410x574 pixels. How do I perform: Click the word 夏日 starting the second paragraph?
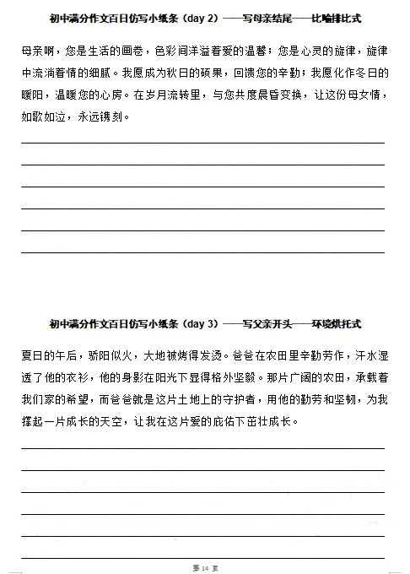(x=31, y=355)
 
